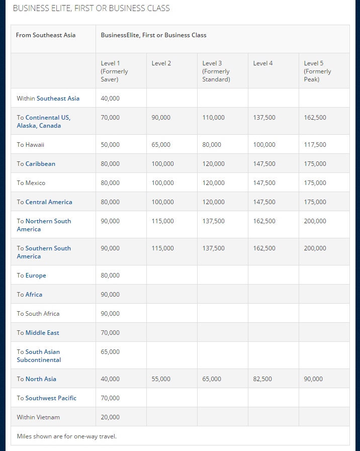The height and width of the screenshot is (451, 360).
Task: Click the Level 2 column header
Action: pos(161,63)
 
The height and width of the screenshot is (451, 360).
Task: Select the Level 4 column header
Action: pos(263,63)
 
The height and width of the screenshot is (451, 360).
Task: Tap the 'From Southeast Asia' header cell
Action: pos(46,35)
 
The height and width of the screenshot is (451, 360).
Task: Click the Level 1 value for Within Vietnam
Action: pos(110,417)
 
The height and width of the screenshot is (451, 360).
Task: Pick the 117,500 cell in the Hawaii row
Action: pos(315,145)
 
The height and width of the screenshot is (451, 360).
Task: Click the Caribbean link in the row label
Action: pos(40,164)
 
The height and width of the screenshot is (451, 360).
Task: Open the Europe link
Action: pos(36,276)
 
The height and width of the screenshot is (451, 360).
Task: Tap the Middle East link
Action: pos(42,333)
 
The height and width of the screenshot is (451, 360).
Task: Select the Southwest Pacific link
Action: pos(51,398)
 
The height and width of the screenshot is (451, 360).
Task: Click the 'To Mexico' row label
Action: pos(31,183)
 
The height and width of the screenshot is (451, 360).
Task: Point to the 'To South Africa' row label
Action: pos(38,314)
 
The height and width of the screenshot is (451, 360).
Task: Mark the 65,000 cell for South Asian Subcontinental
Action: pos(110,352)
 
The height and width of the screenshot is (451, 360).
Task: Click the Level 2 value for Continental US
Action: pos(161,118)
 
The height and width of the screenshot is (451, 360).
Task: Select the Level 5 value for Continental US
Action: pos(315,118)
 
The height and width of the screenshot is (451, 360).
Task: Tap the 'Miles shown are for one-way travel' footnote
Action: pos(66,436)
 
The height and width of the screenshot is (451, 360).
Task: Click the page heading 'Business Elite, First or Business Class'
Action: pos(91,9)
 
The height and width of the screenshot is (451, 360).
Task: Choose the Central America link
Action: pos(49,202)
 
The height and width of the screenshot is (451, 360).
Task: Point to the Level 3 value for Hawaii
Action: pos(212,145)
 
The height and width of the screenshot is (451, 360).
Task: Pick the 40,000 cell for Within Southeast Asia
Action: pos(110,99)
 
